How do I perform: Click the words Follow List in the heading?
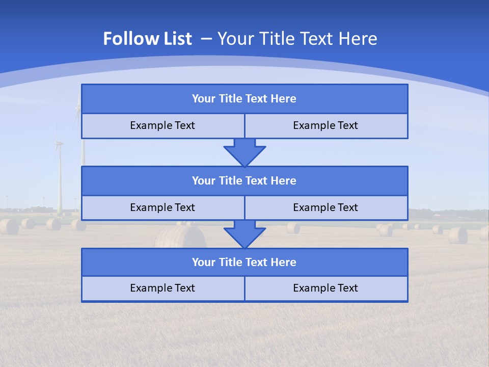147,39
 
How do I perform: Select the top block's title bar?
244,99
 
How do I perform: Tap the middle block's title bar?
244,181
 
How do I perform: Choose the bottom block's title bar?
244,263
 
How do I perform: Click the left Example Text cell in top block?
162,126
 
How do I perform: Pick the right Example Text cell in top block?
326,126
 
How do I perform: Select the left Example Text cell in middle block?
162,208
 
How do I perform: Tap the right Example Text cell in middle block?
326,208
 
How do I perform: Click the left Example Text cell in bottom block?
162,289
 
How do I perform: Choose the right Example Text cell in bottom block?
326,289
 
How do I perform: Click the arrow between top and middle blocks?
244,152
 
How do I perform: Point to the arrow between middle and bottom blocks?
244,234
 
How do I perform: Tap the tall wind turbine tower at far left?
60,178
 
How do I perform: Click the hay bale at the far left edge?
9,227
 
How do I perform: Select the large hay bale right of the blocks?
457,235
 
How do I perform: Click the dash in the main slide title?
206,39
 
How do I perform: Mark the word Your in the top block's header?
204,99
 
